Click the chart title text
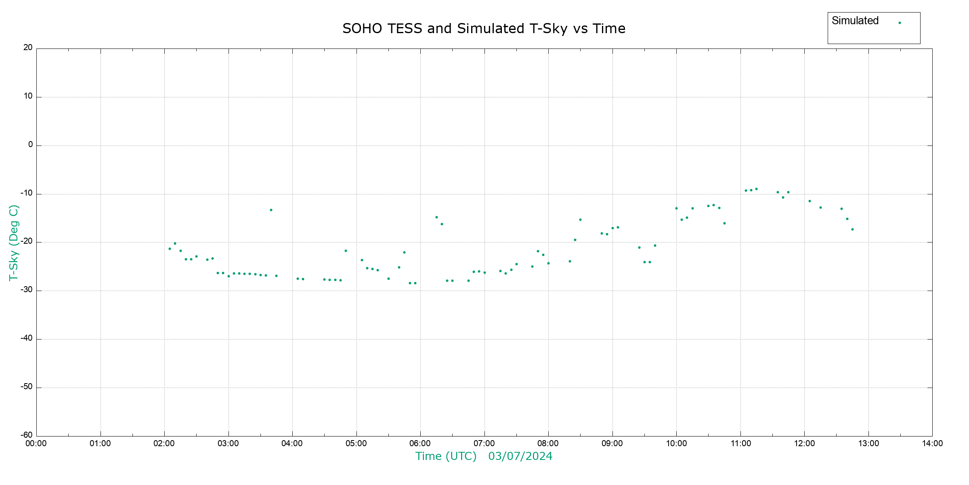pyautogui.click(x=484, y=29)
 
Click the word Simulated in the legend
pyautogui.click(x=855, y=21)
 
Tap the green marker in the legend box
pyautogui.click(x=900, y=23)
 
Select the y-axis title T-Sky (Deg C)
pyautogui.click(x=14, y=242)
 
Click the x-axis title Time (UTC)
pyautogui.click(x=446, y=456)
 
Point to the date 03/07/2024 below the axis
pyautogui.click(x=520, y=456)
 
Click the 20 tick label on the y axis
pyautogui.click(x=28, y=48)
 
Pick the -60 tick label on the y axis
pyautogui.click(x=27, y=435)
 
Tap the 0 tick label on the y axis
pyautogui.click(x=30, y=145)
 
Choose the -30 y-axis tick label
pyautogui.click(x=27, y=290)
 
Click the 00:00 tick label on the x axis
pyautogui.click(x=36, y=443)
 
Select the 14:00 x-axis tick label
pyautogui.click(x=932, y=443)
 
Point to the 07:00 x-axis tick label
pyautogui.click(x=484, y=443)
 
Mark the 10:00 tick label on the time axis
pyautogui.click(x=676, y=443)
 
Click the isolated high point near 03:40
pyautogui.click(x=271, y=210)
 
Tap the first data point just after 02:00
pyautogui.click(x=170, y=249)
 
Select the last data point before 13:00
pyautogui.click(x=852, y=230)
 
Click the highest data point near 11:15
pyautogui.click(x=756, y=189)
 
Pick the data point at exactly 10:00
pyautogui.click(x=676, y=209)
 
